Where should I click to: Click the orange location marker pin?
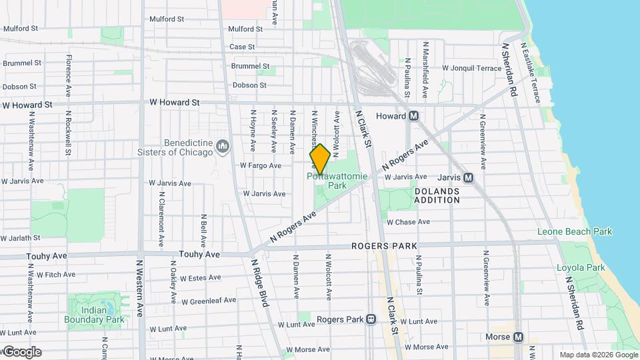point(320,159)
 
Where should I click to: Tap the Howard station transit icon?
point(414,116)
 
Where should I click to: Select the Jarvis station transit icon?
point(468,178)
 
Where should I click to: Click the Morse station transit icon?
point(518,337)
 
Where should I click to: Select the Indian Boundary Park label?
point(95,314)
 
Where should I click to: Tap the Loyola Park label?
point(581,267)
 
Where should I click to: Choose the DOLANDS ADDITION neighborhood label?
point(437,195)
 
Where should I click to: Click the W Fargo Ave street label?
point(261,165)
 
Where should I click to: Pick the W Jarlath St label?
point(21,237)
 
